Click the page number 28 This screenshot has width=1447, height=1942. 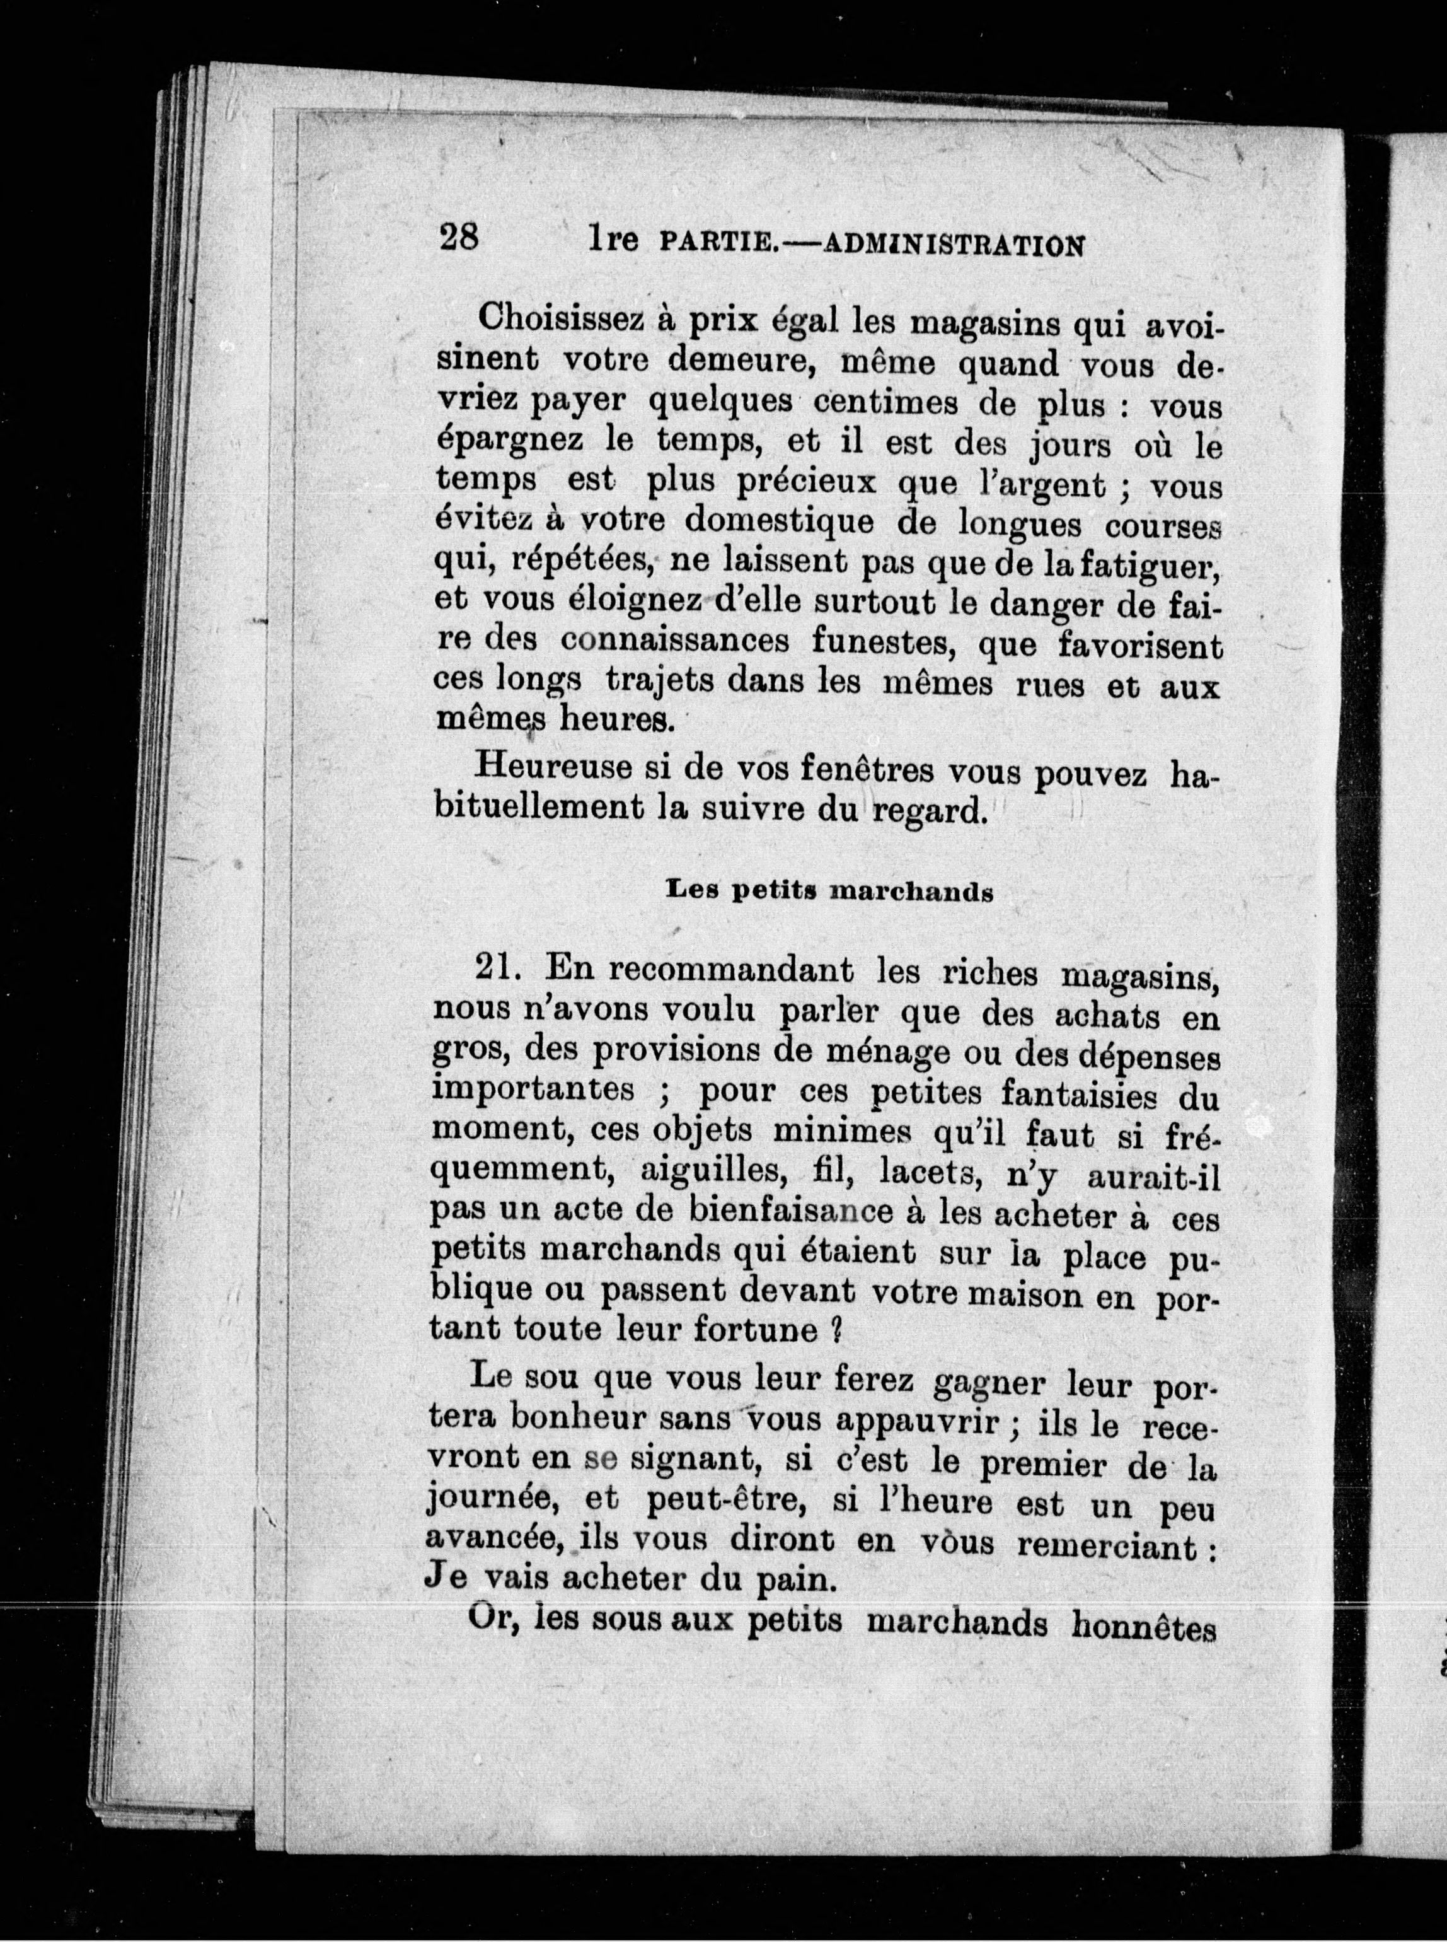[458, 238]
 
